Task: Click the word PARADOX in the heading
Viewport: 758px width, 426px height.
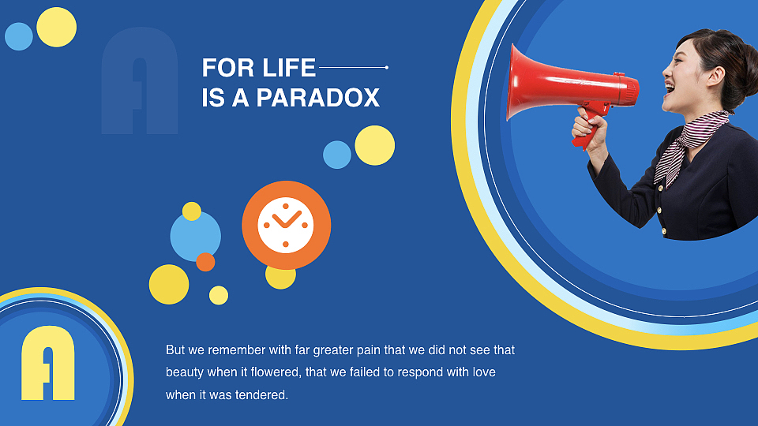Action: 317,98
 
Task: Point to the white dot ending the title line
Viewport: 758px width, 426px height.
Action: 387,68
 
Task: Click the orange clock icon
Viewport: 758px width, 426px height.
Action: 286,225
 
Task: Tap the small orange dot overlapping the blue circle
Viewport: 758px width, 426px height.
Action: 205,262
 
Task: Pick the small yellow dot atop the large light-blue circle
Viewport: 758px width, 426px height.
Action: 191,211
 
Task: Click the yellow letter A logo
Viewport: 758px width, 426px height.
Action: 48,362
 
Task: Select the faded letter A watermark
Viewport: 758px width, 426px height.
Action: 140,80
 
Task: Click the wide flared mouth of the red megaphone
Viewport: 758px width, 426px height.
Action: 516,82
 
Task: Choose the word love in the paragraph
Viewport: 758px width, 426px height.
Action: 484,372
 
